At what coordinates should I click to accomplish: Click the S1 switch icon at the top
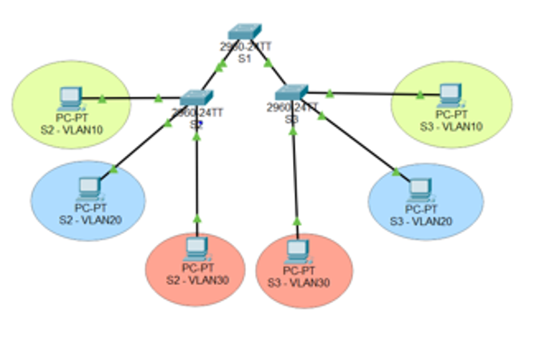click(x=243, y=32)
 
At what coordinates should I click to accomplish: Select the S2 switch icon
click(x=193, y=97)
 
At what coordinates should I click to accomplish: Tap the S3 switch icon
click(x=293, y=92)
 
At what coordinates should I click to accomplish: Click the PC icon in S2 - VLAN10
click(x=68, y=95)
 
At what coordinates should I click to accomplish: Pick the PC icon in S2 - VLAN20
click(x=88, y=187)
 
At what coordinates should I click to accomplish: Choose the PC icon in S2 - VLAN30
click(x=196, y=248)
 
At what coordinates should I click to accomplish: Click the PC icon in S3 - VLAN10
click(x=448, y=93)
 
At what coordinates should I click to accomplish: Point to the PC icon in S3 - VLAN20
click(x=419, y=188)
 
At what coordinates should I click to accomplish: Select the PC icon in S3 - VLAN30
click(x=298, y=249)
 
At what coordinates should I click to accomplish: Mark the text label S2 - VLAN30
click(x=196, y=278)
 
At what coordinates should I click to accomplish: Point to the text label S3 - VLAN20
click(x=419, y=220)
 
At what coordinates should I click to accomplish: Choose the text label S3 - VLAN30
click(x=298, y=280)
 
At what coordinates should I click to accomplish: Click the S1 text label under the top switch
click(x=243, y=58)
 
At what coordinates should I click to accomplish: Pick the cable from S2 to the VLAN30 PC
click(x=196, y=172)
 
